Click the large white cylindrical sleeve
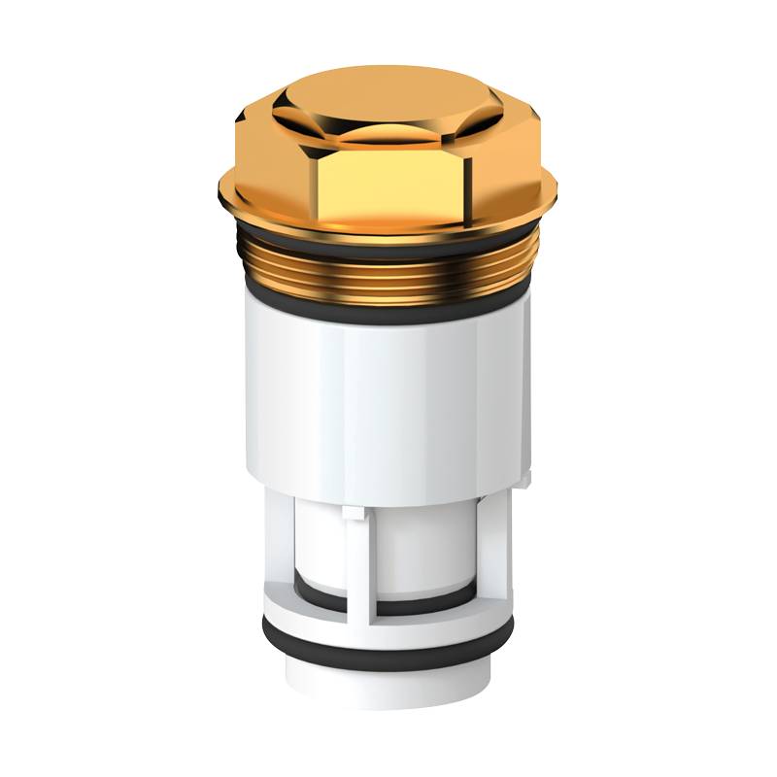(x=388, y=398)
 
